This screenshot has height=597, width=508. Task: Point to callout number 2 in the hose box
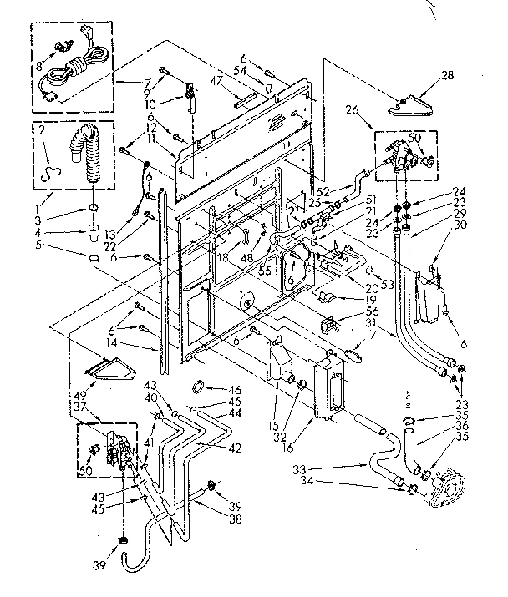coord(41,132)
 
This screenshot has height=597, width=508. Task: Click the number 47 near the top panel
coord(216,80)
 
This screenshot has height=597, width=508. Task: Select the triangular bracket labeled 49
coord(108,365)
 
